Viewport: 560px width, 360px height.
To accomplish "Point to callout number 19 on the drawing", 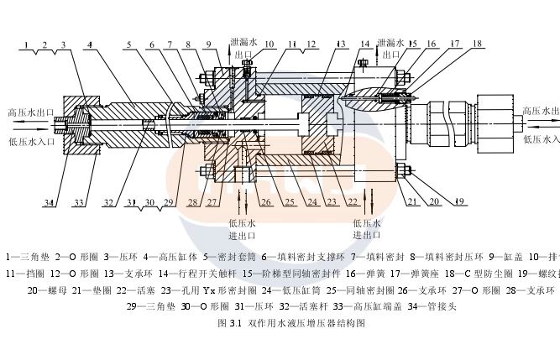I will click(458, 201).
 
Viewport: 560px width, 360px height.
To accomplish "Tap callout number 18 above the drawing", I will click(476, 43).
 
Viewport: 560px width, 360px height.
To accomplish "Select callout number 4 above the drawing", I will click(89, 44).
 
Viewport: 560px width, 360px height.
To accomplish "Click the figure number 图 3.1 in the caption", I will click(228, 323).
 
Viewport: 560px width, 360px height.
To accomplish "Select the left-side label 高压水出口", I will click(29, 111).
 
